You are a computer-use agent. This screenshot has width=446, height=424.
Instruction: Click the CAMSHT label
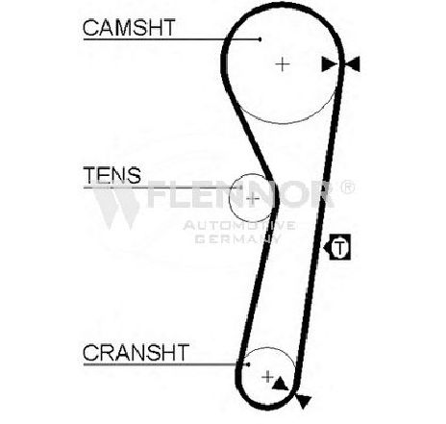[129, 27]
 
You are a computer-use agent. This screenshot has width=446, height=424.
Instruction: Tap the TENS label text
[112, 175]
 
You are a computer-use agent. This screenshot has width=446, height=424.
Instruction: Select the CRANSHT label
[136, 352]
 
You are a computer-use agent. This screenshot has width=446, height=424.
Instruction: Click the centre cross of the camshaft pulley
[283, 64]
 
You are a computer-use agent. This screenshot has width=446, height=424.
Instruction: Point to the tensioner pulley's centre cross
[253, 199]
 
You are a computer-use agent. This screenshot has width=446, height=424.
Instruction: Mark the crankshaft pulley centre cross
[267, 377]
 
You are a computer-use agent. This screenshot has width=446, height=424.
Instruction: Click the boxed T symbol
[340, 247]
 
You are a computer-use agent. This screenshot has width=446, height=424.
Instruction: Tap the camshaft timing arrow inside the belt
[330, 64]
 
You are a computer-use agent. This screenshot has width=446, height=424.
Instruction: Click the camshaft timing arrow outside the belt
[353, 64]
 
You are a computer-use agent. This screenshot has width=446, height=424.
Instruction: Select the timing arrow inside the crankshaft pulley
[280, 384]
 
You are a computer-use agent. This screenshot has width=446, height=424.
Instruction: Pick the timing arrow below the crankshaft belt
[303, 401]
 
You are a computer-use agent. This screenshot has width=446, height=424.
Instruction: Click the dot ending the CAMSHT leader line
[260, 39]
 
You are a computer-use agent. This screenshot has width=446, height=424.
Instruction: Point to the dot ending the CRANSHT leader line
[248, 364]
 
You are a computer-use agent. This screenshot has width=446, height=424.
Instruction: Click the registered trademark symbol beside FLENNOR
[347, 187]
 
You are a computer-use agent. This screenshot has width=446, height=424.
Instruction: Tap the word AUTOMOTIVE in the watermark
[239, 226]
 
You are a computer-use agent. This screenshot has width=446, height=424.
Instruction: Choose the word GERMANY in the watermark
[237, 238]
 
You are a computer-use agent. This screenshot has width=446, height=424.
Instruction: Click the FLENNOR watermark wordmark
[240, 194]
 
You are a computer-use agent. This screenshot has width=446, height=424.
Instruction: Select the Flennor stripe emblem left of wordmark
[116, 205]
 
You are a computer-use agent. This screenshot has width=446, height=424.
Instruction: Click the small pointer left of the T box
[327, 247]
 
